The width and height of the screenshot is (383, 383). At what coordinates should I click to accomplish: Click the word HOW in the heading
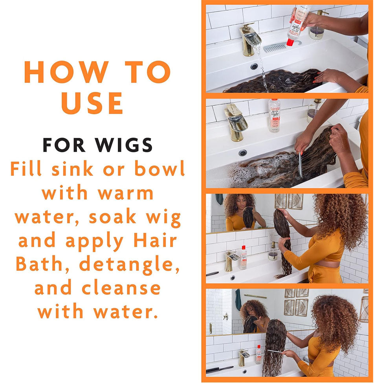[x=66, y=72]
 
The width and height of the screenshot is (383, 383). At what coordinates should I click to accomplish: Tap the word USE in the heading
[x=92, y=103]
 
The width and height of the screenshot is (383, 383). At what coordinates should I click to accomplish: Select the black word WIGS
[x=124, y=145]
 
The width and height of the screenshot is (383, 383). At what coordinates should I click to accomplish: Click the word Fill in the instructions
[x=26, y=168]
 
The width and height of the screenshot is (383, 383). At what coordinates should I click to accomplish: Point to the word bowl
[x=159, y=168]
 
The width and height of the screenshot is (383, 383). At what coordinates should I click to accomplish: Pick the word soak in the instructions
[x=112, y=217]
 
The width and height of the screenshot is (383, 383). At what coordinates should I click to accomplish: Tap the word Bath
[x=39, y=264]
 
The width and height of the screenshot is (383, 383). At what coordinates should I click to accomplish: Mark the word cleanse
[x=121, y=288]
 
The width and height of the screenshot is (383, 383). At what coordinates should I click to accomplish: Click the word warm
[x=126, y=193]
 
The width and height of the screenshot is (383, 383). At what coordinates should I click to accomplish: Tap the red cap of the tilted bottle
[x=290, y=42]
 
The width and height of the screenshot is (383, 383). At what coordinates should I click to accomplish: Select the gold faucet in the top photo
[x=249, y=39]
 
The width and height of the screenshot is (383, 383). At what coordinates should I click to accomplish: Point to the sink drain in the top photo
[x=254, y=66]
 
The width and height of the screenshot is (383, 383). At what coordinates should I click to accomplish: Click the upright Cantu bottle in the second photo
[x=274, y=115]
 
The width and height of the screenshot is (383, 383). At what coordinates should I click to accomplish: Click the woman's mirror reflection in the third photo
[x=240, y=213]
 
